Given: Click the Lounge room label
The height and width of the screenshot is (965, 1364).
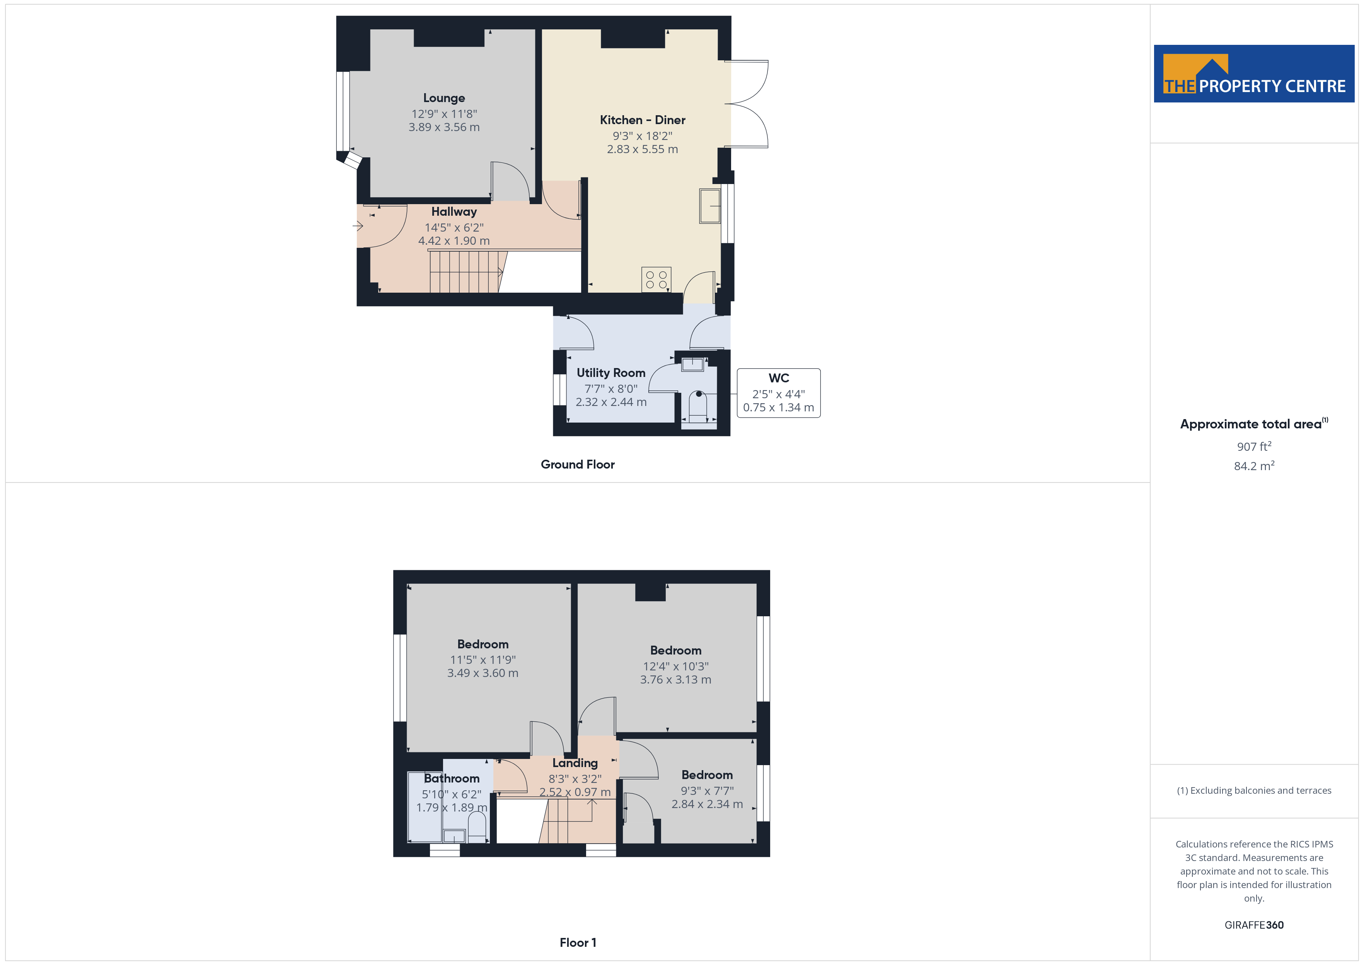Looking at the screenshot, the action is pos(444,98).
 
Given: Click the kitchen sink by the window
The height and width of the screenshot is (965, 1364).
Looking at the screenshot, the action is pos(709,206).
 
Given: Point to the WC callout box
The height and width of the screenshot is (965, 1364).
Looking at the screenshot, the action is pos(778,393).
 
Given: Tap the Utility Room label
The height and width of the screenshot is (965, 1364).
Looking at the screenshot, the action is pos(611,373).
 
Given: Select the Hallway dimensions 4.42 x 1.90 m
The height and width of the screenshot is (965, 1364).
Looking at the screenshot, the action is pos(454,240).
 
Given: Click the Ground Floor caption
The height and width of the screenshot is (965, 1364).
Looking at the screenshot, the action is pos(578,465).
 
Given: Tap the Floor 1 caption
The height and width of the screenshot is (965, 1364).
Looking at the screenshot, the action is pos(578,943).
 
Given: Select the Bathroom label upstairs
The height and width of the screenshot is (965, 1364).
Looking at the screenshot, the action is pos(452,778).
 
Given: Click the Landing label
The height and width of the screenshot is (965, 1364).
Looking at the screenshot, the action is pos(575,763).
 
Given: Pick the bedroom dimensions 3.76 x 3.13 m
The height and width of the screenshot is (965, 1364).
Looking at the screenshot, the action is pos(675,679).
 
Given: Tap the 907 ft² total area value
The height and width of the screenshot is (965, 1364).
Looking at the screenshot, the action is pos(1254,446).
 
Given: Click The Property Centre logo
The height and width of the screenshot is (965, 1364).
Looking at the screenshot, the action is pos(1254,74).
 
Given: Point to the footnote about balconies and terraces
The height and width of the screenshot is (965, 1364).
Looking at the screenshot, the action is pos(1254,790).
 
